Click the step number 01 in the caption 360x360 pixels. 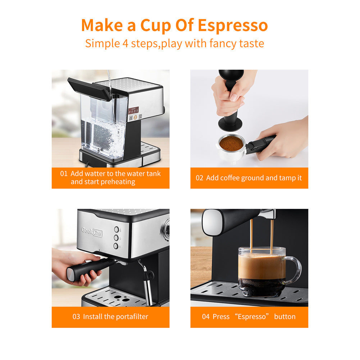click(x=64, y=174)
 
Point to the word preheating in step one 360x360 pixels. click(x=118, y=182)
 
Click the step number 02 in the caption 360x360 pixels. click(x=199, y=178)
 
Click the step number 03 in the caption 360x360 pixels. click(x=76, y=317)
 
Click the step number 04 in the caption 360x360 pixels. click(x=206, y=317)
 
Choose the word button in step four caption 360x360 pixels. click(x=284, y=317)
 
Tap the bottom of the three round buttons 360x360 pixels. click(x=116, y=246)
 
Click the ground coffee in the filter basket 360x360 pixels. click(x=231, y=143)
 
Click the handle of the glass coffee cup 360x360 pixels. click(x=294, y=270)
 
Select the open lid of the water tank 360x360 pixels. click(x=88, y=88)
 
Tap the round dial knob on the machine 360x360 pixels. click(x=167, y=228)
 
